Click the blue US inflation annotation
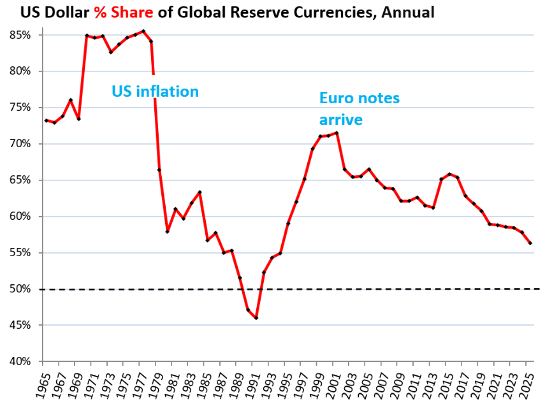[x=155, y=91]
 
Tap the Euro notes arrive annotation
[x=359, y=108]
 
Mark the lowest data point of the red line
[x=256, y=317]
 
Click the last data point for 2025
[x=530, y=243]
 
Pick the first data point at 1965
[x=47, y=120]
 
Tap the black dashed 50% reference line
[x=382, y=289]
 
